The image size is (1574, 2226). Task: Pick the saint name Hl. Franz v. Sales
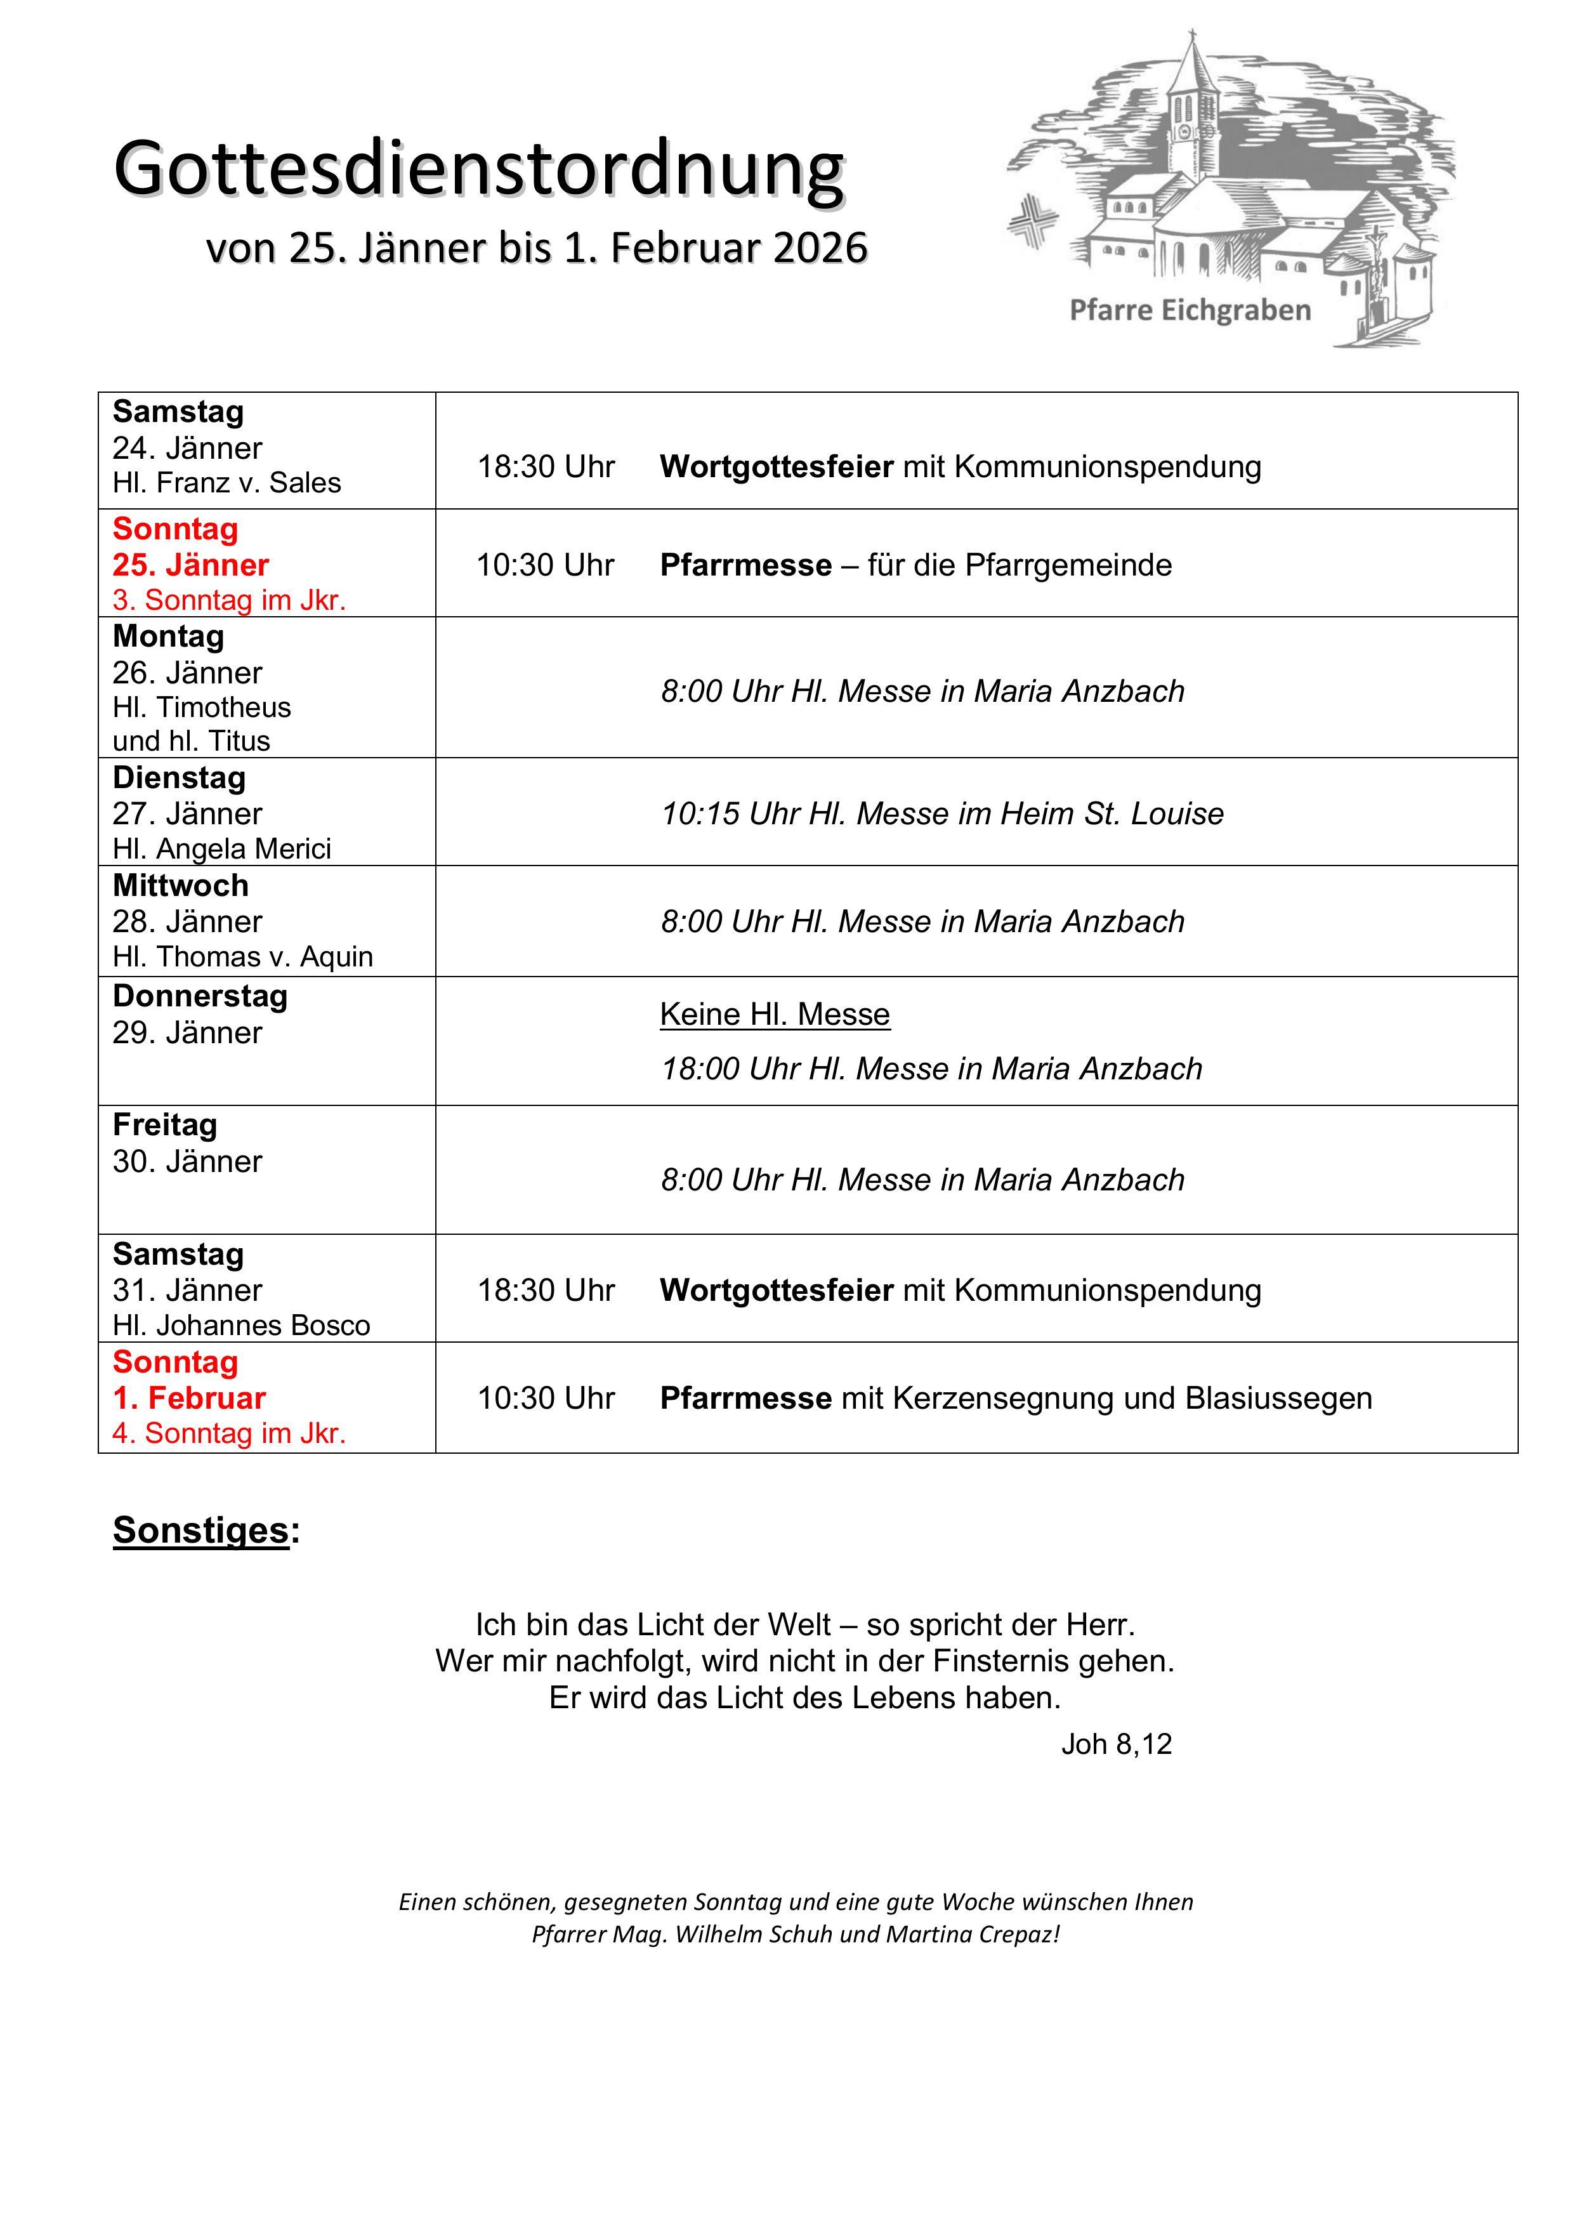226,483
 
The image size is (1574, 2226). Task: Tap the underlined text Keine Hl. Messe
775,1014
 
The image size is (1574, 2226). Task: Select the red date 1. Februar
189,1398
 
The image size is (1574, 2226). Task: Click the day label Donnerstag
200,997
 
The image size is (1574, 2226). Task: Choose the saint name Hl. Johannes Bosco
241,1326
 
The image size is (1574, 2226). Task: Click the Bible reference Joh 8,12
1117,1744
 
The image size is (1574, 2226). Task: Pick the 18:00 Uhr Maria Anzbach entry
931,1069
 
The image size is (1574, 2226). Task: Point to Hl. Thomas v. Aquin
242,957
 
